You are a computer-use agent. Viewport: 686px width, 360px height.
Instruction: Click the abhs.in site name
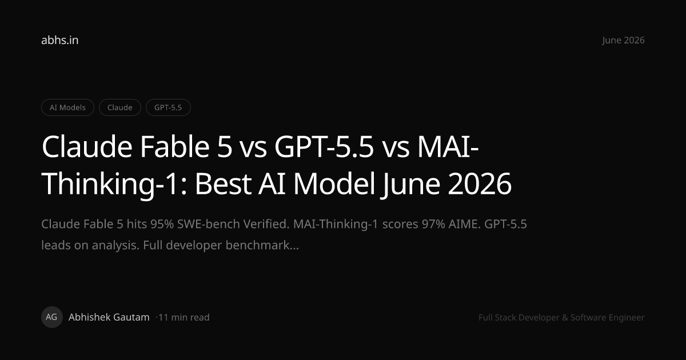pos(59,40)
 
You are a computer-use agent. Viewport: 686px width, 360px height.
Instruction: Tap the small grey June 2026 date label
pos(623,41)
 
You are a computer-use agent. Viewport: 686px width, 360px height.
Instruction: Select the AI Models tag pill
pos(67,107)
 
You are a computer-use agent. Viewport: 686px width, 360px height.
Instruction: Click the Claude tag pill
pos(119,107)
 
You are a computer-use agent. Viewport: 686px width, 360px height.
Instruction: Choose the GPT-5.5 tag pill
pos(168,107)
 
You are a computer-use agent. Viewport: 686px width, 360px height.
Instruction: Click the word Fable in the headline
pos(175,147)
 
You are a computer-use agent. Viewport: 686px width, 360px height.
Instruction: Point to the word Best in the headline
pos(224,183)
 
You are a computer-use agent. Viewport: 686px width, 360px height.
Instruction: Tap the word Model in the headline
pos(334,183)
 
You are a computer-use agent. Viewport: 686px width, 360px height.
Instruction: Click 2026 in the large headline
pos(480,183)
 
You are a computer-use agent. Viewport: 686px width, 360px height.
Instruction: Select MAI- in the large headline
pos(448,147)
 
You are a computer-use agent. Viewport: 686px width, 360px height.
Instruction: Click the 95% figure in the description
pos(162,224)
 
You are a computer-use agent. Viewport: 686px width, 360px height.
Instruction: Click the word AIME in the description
pos(465,224)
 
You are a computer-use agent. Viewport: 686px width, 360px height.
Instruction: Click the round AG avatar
pos(52,317)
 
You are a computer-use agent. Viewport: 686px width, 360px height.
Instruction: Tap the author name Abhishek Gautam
pos(109,317)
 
